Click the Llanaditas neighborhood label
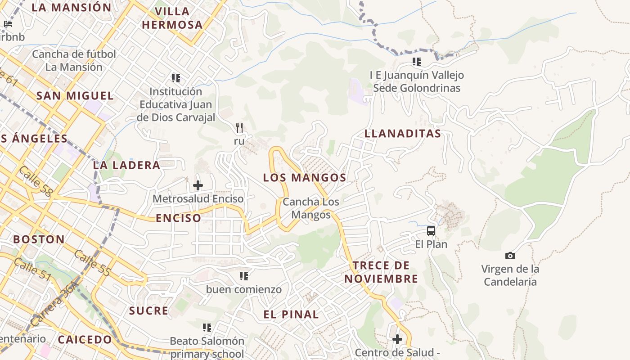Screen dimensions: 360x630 [x=402, y=134]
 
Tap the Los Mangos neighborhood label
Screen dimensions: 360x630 [x=305, y=178]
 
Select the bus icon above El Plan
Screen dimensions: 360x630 [x=431, y=231]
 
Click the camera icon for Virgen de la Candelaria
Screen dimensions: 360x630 [x=510, y=256]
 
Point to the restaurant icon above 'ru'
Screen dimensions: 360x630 [x=239, y=128]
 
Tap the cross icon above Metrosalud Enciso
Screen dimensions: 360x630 [x=198, y=185]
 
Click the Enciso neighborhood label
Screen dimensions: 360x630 [x=179, y=218]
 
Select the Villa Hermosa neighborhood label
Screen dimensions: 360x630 [x=172, y=18]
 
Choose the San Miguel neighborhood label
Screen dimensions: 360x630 [x=75, y=96]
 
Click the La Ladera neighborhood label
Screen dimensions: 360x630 [x=126, y=165]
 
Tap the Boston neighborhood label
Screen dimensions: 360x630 [x=39, y=239]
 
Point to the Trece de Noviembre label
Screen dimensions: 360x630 [x=381, y=272]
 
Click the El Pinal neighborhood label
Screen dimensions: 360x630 [x=291, y=315]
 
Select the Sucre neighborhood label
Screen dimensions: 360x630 [x=148, y=311]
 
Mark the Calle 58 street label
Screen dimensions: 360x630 [x=36, y=181]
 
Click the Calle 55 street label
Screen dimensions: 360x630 [x=92, y=263]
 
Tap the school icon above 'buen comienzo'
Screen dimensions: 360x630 [x=244, y=276]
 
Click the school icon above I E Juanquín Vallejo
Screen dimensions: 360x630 [x=417, y=62]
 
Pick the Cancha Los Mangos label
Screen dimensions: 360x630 [x=310, y=208]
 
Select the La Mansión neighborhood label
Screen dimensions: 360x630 [x=71, y=8]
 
